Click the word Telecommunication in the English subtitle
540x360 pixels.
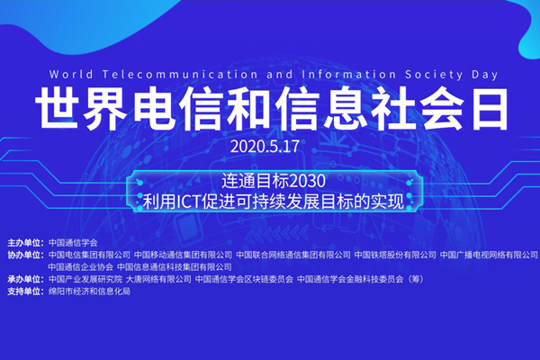click(x=180, y=75)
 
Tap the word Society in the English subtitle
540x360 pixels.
click(x=434, y=75)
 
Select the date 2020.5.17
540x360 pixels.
click(x=265, y=147)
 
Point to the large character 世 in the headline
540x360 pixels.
click(x=56, y=109)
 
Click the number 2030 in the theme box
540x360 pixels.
click(x=308, y=181)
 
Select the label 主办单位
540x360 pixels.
click(x=23, y=243)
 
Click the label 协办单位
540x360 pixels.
click(x=23, y=255)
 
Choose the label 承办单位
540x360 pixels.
click(x=23, y=279)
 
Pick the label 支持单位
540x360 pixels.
click(x=23, y=292)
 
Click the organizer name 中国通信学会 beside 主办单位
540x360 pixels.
click(x=73, y=243)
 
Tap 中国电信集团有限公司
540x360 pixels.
click(x=89, y=255)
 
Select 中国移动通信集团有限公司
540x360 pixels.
click(x=184, y=255)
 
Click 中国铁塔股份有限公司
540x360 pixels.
click(x=395, y=255)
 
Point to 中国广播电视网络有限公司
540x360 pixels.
click(x=489, y=255)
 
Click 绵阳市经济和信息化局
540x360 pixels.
click(x=89, y=292)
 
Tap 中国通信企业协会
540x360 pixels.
click(x=81, y=267)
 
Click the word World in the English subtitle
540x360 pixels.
click(x=71, y=75)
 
